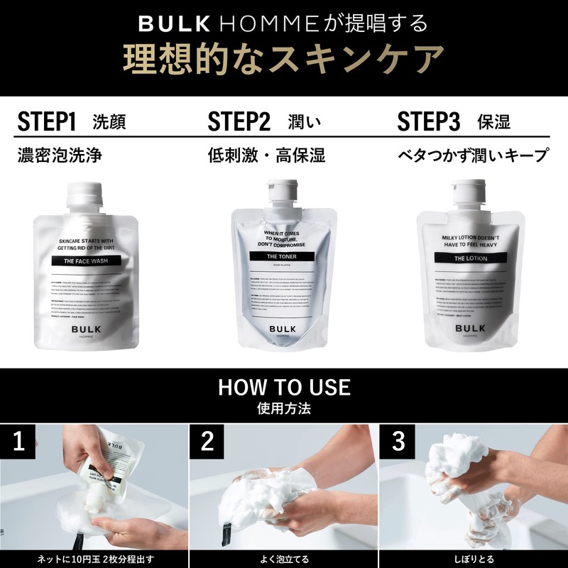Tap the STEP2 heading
239,121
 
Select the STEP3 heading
429,121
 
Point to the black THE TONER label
283,256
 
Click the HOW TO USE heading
283,387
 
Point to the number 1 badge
19,442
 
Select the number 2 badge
207,442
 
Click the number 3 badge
398,442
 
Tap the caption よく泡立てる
283,559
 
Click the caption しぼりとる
472,559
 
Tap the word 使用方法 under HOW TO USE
283,409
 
